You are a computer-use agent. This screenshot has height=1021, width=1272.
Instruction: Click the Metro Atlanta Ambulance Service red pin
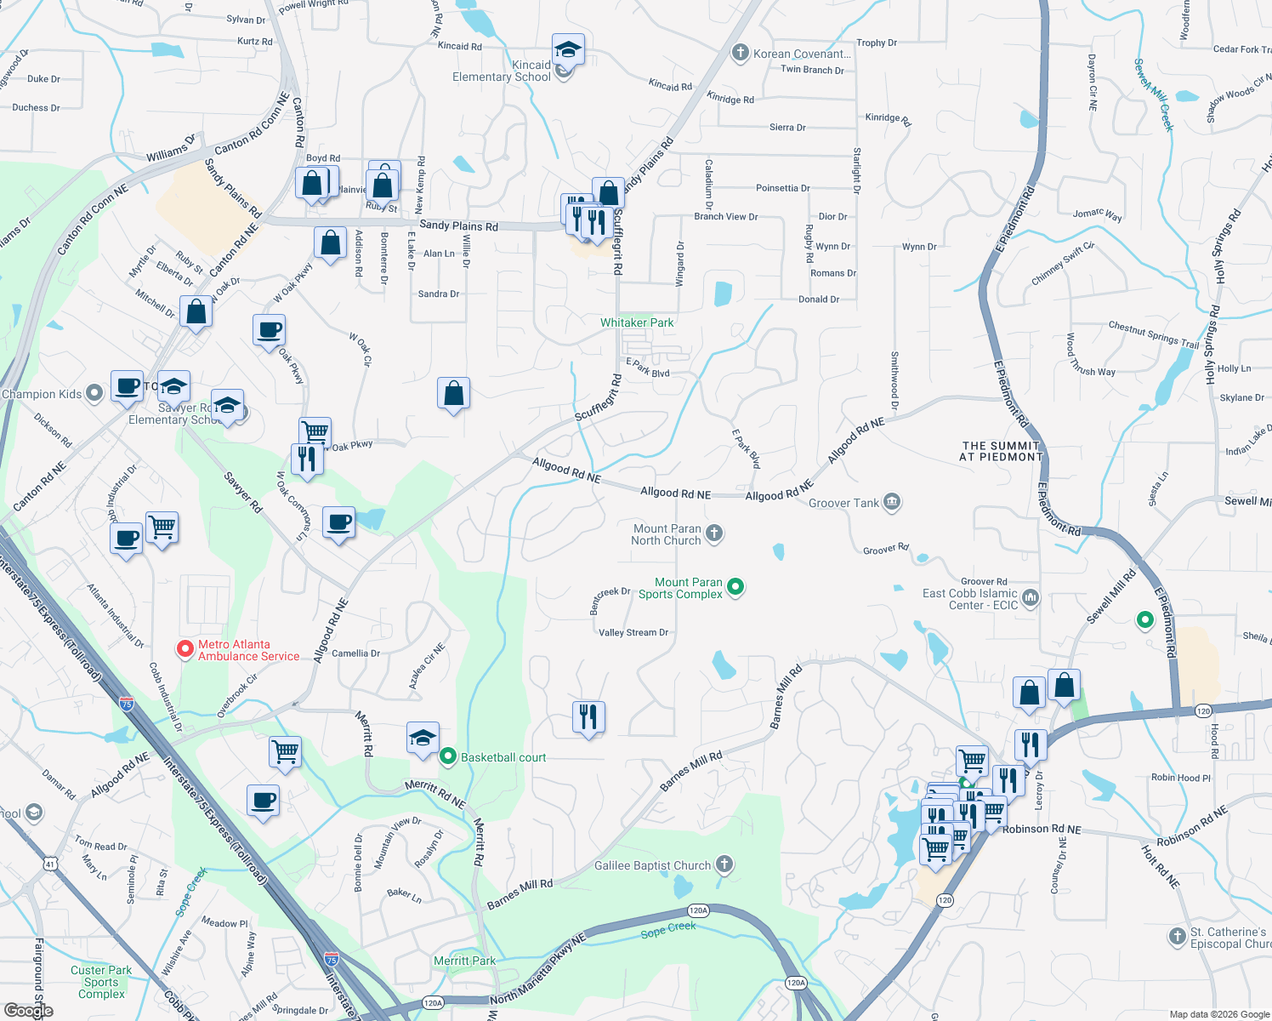[184, 649]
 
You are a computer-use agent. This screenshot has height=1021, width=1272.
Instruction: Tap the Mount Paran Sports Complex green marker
[736, 586]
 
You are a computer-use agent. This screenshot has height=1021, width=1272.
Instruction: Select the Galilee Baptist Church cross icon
[724, 864]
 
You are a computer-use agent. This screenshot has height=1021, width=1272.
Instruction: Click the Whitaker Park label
[637, 322]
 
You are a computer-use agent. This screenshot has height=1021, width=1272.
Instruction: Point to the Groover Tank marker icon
[891, 502]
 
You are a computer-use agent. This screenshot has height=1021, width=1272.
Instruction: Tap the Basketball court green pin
[448, 756]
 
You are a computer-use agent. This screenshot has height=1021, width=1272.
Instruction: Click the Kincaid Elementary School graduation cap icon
[567, 50]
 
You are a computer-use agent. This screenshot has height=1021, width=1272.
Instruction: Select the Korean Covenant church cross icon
[740, 53]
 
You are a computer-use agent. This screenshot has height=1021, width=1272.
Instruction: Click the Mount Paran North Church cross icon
[714, 533]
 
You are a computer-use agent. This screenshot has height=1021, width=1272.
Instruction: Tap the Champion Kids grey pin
[94, 393]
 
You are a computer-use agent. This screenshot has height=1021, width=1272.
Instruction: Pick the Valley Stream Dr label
[633, 632]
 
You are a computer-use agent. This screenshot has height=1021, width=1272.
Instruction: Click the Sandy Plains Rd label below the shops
[459, 225]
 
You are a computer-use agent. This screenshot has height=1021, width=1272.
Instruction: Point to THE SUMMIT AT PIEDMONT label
[1001, 451]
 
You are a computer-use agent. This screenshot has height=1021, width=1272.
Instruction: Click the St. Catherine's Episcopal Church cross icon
[1177, 937]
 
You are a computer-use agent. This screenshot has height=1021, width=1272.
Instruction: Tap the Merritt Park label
[464, 961]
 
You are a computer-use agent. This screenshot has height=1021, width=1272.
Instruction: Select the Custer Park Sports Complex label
[101, 982]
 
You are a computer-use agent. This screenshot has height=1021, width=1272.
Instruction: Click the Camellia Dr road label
[355, 653]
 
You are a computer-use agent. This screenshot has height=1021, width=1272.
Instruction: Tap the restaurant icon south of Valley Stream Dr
[588, 716]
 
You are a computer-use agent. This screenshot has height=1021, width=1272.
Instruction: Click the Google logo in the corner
[29, 1010]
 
